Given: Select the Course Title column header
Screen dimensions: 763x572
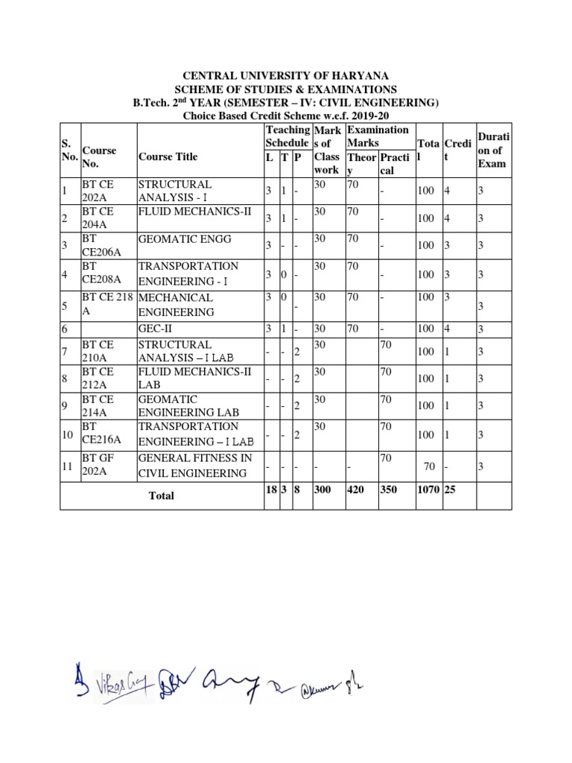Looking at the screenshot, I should click(x=168, y=156).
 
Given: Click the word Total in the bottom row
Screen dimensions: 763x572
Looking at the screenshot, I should click(x=162, y=496).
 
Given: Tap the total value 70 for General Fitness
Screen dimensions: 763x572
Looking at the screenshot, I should click(x=429, y=467).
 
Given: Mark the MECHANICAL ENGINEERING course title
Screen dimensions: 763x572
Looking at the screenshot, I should click(x=176, y=304).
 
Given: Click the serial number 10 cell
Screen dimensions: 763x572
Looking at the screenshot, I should click(x=69, y=434).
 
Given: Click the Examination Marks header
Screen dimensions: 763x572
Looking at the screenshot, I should click(x=378, y=136).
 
